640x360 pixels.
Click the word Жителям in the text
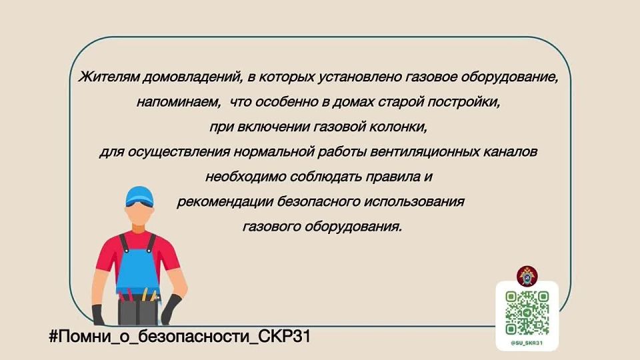109,77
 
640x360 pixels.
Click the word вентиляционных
425,152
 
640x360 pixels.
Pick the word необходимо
246,177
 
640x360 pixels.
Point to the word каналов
510,152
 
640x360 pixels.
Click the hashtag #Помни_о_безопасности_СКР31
180,337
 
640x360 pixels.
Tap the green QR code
527,313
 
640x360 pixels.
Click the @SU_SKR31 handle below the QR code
527,343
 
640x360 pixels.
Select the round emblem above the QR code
527,276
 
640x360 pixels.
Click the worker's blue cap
139,196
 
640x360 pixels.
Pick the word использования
413,201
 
